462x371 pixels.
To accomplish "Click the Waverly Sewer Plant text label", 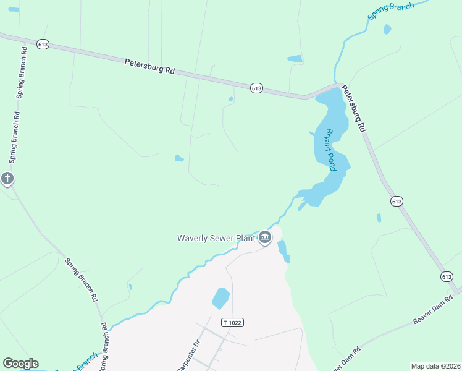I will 216,237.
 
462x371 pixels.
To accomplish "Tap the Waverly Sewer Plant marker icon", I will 265,237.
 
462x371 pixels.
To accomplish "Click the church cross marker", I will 7,179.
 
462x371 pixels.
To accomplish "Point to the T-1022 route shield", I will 233,322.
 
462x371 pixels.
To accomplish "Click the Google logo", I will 20,364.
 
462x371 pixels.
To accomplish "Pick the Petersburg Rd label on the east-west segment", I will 149,66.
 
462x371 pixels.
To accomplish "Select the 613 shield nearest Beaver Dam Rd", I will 447,276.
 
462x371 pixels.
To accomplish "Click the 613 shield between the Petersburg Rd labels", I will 257,88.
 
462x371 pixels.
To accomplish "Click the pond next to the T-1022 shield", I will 220,298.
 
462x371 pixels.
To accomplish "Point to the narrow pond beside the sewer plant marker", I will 283,250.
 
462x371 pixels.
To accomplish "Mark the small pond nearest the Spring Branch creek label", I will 387,29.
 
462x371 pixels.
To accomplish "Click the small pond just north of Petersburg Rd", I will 295,59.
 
